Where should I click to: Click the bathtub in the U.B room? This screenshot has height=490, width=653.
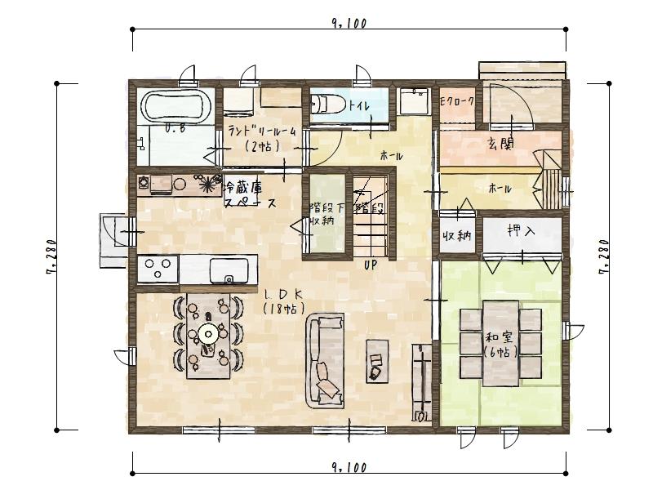click(177, 106)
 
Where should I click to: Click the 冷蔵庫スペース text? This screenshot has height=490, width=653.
click(250, 195)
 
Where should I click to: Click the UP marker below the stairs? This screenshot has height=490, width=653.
click(370, 265)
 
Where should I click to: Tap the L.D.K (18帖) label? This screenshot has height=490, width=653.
click(285, 300)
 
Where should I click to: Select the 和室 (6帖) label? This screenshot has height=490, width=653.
click(499, 344)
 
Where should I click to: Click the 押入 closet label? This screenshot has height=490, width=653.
click(520, 232)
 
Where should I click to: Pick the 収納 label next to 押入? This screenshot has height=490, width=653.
click(456, 236)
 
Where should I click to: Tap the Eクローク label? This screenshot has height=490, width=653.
click(457, 102)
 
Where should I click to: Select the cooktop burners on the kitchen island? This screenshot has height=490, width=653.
click(158, 268)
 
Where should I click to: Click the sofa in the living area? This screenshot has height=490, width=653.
click(326, 361)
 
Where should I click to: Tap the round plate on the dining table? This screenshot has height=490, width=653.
click(209, 332)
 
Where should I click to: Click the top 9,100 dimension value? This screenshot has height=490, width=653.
click(349, 23)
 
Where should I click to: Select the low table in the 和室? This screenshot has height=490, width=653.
click(500, 343)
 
